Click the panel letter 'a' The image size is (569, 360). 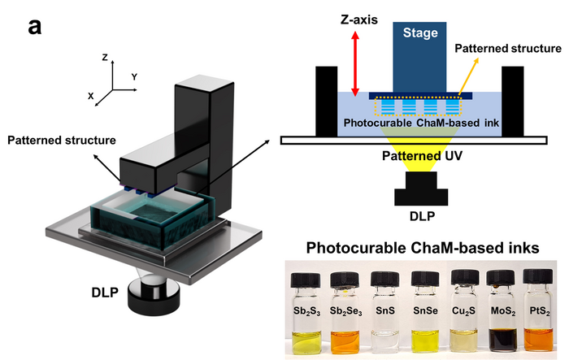pyautogui.click(x=35, y=26)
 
